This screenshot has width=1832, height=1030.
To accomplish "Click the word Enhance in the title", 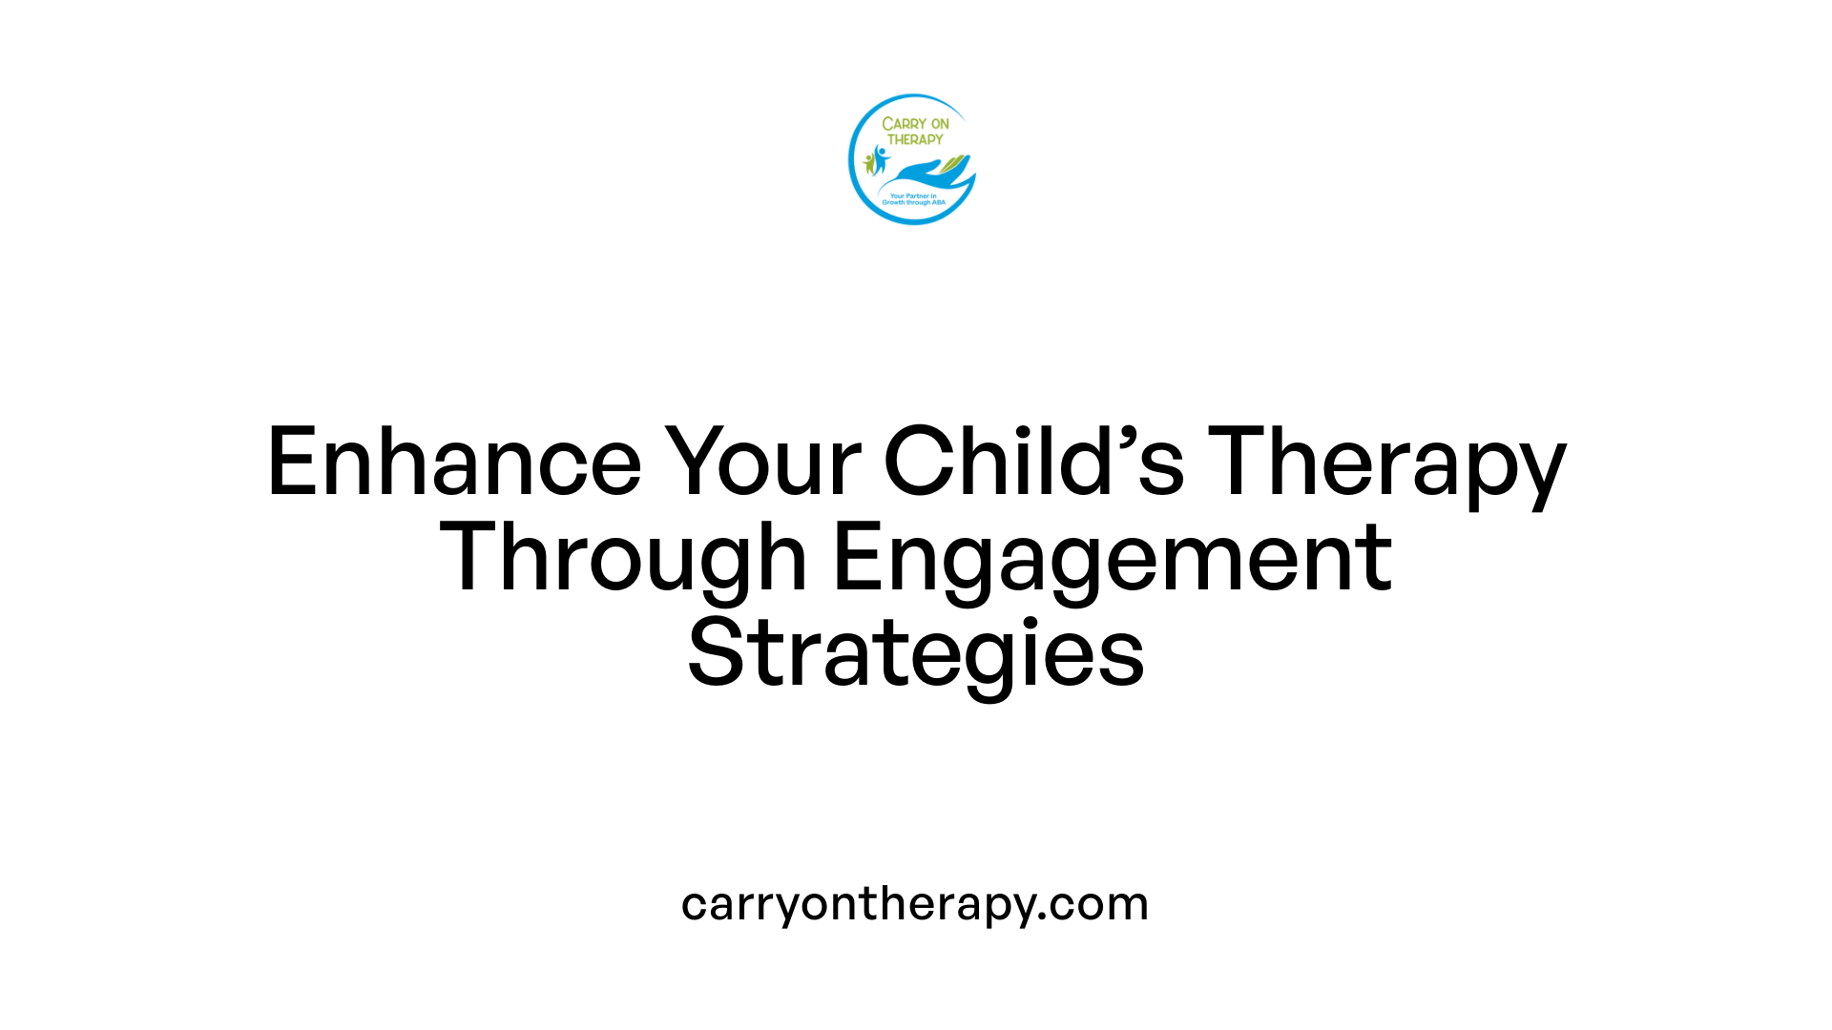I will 454,463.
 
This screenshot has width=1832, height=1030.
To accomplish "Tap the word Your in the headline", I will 763,463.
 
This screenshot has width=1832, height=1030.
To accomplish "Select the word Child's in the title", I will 1034,463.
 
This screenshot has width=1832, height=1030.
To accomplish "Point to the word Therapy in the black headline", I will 1387,463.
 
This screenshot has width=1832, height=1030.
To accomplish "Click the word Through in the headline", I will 623,559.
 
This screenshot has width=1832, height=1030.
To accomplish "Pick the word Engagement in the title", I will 1113,559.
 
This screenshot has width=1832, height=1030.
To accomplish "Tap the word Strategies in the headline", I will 916,654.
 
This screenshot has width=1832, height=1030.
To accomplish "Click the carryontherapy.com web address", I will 915,903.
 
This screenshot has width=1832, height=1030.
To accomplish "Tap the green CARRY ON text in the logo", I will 915,124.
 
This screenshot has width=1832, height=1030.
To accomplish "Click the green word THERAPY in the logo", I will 915,139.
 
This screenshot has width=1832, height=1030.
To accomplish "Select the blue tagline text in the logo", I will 913,199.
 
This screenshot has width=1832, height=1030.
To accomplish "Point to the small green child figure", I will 868,163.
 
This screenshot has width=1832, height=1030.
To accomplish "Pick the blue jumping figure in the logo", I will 880,158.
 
